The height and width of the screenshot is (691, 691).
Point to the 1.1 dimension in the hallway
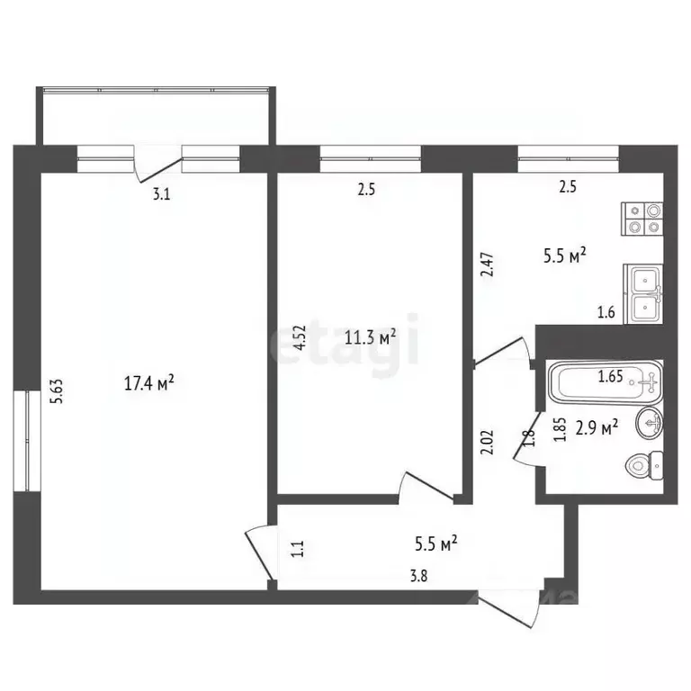[x=299, y=549]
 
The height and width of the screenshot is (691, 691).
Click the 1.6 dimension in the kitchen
[x=605, y=313]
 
